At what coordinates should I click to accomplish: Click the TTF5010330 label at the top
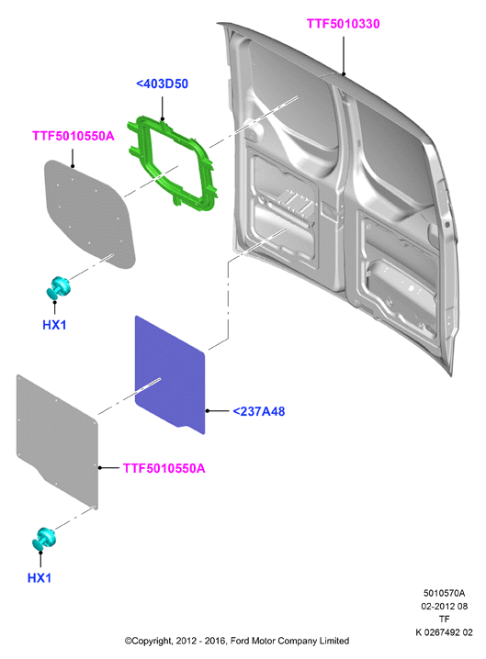[x=343, y=24]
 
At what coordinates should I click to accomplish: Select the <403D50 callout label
[x=162, y=84]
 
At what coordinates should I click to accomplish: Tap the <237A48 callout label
[x=259, y=411]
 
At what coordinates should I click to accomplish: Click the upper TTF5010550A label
[x=73, y=136]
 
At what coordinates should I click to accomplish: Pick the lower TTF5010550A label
[x=164, y=468]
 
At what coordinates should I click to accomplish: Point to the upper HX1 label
[x=54, y=325]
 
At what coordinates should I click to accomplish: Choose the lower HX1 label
[x=40, y=578]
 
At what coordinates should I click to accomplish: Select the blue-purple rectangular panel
[x=170, y=374]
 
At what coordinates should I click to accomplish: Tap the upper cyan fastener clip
[x=58, y=287]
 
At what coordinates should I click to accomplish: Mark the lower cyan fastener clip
[x=43, y=538]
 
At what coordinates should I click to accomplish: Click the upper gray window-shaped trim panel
[x=90, y=214]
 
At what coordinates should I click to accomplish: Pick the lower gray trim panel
[x=57, y=441]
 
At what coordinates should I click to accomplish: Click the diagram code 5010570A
[x=444, y=593]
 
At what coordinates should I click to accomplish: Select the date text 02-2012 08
[x=444, y=606]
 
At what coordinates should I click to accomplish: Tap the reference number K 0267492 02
[x=444, y=632]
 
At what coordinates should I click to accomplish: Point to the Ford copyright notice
[x=236, y=641]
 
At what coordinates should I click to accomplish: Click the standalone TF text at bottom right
[x=444, y=619]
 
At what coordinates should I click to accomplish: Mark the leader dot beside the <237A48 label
[x=208, y=410]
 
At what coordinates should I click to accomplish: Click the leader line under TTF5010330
[x=344, y=55]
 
